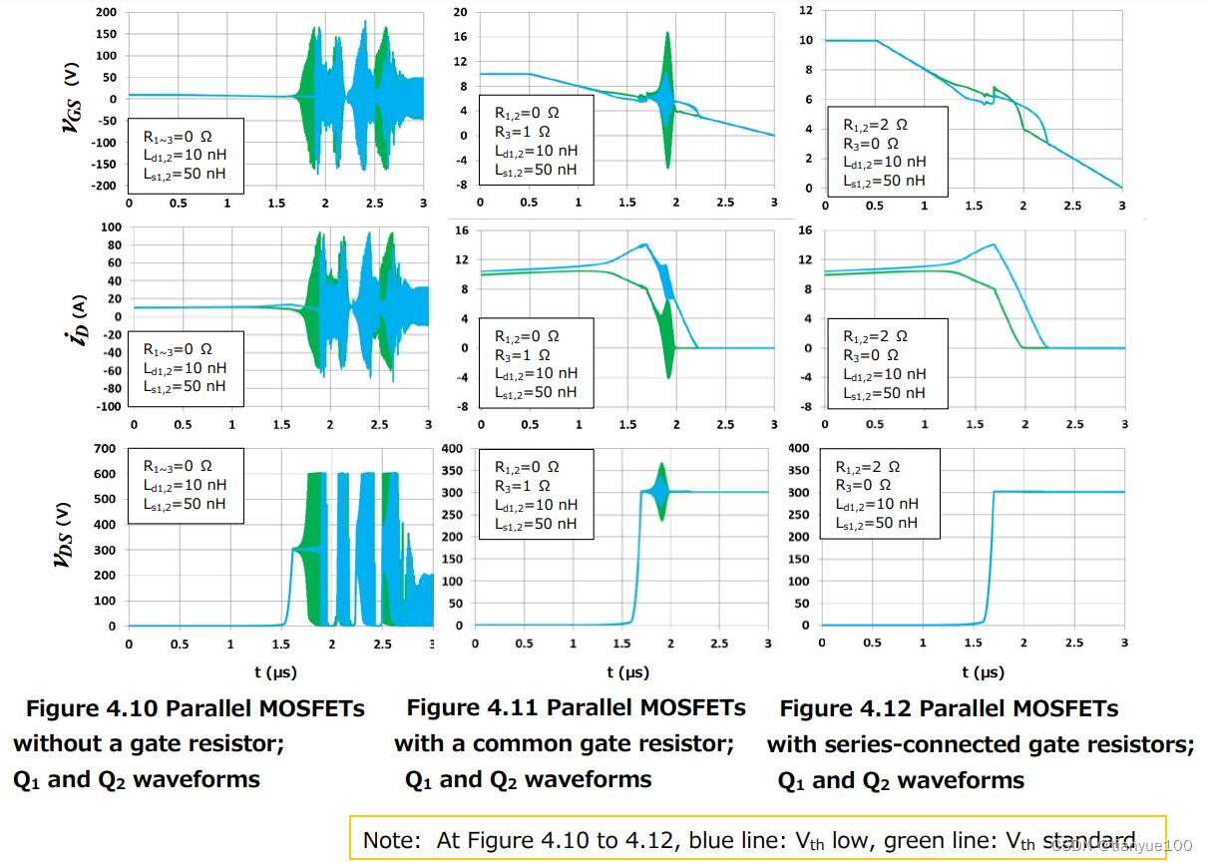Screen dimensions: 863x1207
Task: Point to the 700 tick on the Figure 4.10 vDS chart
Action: pyautogui.click(x=104, y=448)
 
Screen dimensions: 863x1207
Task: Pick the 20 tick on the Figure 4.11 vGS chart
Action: pyautogui.click(x=460, y=12)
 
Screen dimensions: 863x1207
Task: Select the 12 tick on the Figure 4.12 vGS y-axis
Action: pyautogui.click(x=806, y=10)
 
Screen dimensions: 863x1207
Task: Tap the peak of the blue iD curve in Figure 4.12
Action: pyautogui.click(x=993, y=244)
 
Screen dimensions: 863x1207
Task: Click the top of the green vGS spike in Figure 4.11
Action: pyautogui.click(x=667, y=33)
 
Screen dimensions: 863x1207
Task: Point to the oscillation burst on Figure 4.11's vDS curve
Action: pyautogui.click(x=660, y=491)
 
